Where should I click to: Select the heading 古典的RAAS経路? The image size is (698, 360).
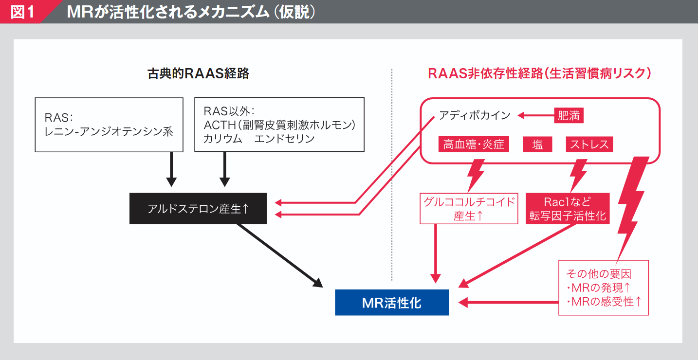click(x=198, y=73)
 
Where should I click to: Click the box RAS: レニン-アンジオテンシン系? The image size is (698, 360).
click(x=109, y=125)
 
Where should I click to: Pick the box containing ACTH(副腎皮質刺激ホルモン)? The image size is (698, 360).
click(x=279, y=125)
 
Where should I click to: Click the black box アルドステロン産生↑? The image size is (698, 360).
click(x=198, y=209)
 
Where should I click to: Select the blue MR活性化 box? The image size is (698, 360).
click(x=391, y=303)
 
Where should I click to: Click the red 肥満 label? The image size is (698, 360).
click(x=569, y=116)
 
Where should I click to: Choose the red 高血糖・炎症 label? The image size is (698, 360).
click(x=474, y=144)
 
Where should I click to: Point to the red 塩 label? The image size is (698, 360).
click(x=537, y=144)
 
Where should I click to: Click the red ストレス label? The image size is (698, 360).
click(x=589, y=144)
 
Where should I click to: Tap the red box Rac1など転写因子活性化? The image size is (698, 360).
click(x=568, y=208)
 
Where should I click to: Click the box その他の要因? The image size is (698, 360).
click(x=604, y=287)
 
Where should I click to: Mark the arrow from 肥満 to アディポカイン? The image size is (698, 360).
click(x=535, y=116)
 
